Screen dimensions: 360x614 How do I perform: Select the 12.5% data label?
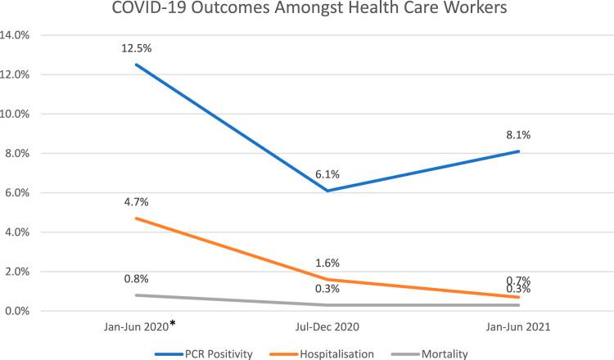coord(137,48)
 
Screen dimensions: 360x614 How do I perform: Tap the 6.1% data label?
coord(327,173)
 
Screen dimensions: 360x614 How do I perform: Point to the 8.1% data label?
coord(518,134)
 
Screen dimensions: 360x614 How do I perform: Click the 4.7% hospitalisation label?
coord(137,201)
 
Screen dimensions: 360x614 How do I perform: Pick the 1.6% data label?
coord(327,263)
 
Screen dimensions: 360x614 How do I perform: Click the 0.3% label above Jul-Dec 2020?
coord(327,288)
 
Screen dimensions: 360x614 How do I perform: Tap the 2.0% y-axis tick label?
coord(29,272)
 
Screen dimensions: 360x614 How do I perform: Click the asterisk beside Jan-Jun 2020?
coord(173,325)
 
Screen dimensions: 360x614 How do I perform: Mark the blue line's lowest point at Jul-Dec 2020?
coord(327,191)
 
